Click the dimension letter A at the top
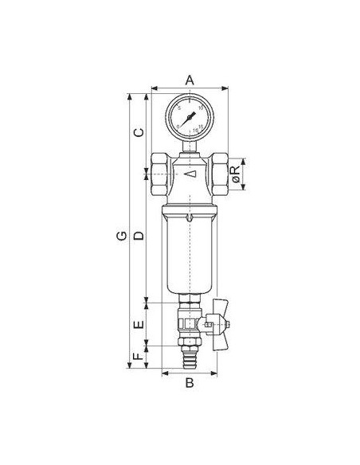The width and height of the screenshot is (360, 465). point(190,79)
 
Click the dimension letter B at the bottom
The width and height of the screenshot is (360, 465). point(190,383)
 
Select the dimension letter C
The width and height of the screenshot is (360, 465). point(138,132)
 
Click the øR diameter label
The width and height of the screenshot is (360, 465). point(236,176)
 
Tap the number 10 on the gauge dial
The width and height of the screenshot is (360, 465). point(201,108)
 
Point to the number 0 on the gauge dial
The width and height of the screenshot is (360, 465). point(178,125)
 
